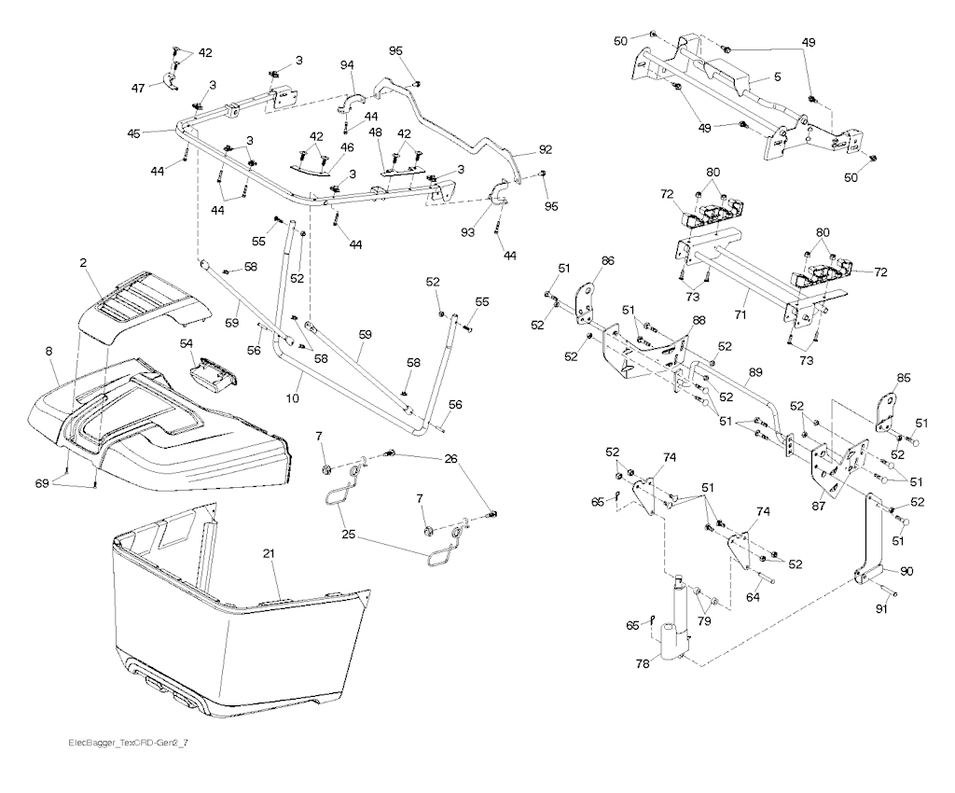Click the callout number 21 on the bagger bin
[x=270, y=555]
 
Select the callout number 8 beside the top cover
[x=49, y=352]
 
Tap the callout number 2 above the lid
[x=83, y=264]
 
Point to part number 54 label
[x=186, y=345]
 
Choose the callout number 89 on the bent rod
[x=754, y=371]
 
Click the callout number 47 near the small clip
[x=137, y=87]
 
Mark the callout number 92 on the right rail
[x=546, y=148]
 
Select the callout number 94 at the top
[x=347, y=65]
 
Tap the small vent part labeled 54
[x=213, y=375]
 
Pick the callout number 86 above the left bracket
[x=607, y=263]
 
